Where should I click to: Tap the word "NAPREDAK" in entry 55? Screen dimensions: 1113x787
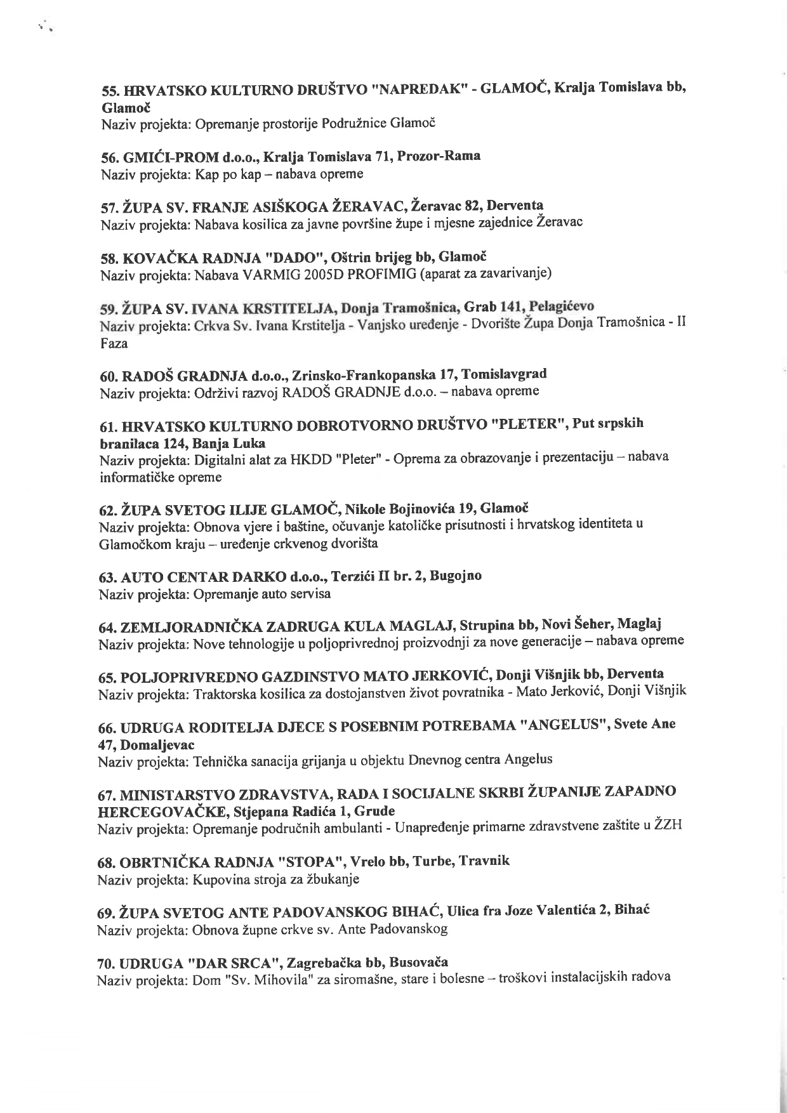[417, 89]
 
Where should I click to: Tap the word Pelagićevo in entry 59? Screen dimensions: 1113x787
[562, 306]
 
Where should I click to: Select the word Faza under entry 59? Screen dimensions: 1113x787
[114, 344]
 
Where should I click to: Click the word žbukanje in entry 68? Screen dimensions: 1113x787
[337, 879]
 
